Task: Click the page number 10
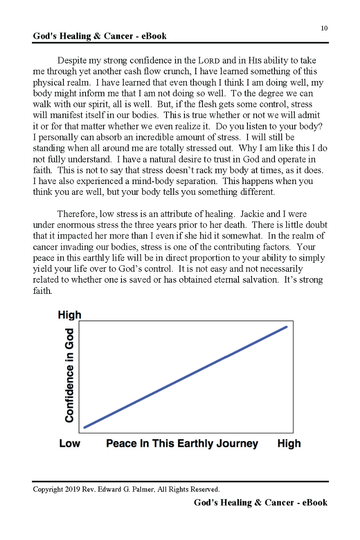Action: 324,28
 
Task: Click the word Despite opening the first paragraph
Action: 72,60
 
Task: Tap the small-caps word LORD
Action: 210,60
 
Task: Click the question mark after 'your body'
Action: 321,126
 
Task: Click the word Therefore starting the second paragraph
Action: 77,213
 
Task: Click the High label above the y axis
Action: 70,315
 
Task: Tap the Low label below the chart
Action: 70,443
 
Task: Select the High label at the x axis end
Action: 289,443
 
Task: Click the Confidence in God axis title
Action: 69,374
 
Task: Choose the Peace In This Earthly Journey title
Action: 182,443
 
